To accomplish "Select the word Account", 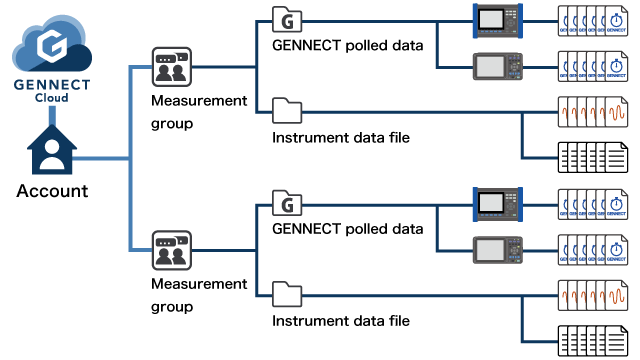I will (x=52, y=191).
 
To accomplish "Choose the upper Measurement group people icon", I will (x=169, y=67).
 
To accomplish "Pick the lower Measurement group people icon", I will (x=169, y=250).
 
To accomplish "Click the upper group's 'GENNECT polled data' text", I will (x=347, y=44).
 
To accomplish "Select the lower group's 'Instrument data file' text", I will (x=341, y=321).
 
